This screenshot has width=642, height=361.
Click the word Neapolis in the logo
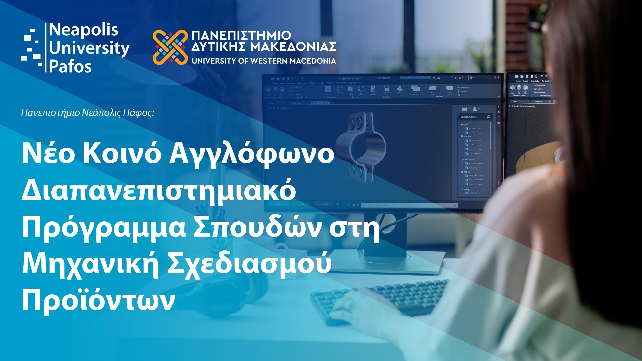click(x=84, y=30)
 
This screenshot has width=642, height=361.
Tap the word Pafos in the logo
click(x=70, y=67)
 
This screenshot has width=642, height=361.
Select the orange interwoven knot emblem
click(x=170, y=47)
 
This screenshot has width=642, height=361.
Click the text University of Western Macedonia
click(x=263, y=61)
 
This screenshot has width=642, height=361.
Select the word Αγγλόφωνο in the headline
click(x=251, y=154)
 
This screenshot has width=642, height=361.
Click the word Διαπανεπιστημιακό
click(x=159, y=191)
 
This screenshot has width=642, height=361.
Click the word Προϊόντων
click(x=98, y=300)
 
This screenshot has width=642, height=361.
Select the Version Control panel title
click(x=469, y=117)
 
